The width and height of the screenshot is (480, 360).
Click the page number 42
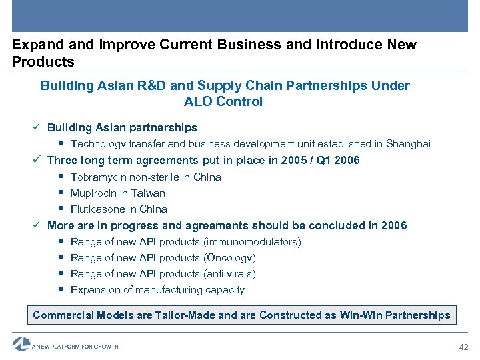[x=463, y=347]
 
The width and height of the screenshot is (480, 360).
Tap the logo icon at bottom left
[x=21, y=344]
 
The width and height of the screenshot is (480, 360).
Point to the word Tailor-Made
[x=184, y=315]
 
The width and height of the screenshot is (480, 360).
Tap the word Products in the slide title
[x=43, y=62]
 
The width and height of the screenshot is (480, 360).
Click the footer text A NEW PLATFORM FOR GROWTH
[x=75, y=347]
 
